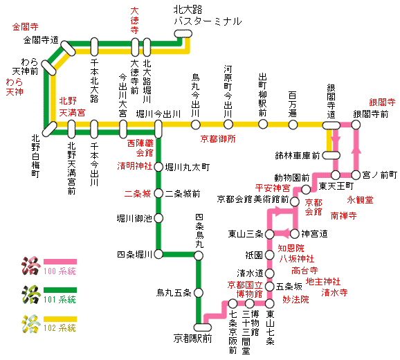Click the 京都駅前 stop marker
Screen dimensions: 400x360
203,327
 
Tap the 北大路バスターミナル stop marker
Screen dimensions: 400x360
183,34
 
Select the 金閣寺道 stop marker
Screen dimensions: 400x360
68,48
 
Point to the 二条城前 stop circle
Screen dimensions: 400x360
158,193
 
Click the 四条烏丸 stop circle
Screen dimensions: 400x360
199,255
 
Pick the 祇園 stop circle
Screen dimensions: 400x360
269,255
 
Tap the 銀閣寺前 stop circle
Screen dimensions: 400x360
356,125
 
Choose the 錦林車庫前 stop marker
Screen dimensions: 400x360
331,155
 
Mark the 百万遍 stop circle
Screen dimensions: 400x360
293,125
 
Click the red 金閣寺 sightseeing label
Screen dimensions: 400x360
25,26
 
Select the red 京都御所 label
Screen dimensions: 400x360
218,138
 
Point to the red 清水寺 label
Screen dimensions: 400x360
334,292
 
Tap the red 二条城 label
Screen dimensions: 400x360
138,194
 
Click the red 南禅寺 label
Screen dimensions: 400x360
344,216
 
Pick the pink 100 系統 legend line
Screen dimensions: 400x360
60,262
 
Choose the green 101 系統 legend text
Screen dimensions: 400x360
60,299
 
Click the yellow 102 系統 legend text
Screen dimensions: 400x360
60,328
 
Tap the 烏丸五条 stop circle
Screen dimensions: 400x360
199,293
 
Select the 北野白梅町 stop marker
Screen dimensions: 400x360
50,129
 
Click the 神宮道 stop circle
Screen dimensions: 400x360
294,234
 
